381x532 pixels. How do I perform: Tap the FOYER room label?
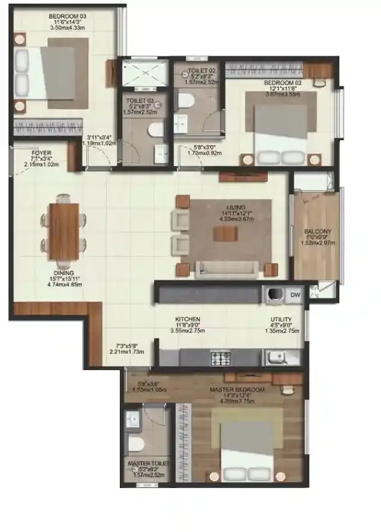click(25, 153)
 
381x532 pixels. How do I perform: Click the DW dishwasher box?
click(295, 294)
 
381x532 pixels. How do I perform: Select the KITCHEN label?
click(187, 320)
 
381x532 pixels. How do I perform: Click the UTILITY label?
click(281, 320)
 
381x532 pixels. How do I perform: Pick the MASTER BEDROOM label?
click(237, 390)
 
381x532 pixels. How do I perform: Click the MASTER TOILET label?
click(147, 464)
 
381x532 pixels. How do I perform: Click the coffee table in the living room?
click(221, 234)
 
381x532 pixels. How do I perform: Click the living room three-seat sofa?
click(228, 268)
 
